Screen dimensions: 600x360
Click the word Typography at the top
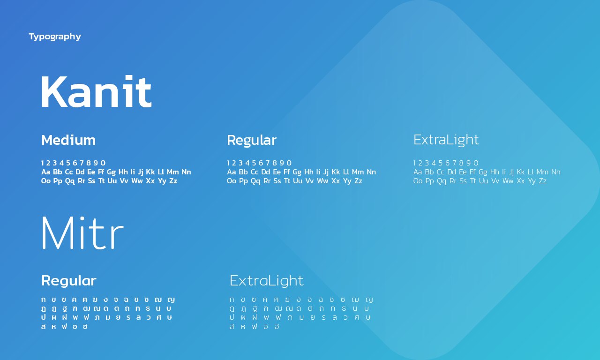coord(55,37)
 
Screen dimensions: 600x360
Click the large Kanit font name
coord(97,91)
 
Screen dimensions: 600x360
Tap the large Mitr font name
coord(82,232)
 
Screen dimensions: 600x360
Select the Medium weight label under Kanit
coord(68,140)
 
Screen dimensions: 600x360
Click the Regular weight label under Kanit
coord(252,141)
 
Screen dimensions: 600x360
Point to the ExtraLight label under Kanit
coord(446,140)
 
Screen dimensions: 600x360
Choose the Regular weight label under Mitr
coord(68,281)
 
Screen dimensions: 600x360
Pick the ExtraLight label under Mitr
coord(267,281)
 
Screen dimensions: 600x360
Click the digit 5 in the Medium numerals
coord(68,163)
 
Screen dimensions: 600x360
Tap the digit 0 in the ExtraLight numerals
coord(476,163)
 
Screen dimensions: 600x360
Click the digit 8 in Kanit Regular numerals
coord(274,163)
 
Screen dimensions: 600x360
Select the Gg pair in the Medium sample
coord(111,172)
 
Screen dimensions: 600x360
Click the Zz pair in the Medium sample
coord(173,181)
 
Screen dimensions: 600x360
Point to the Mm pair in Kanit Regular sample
coord(358,172)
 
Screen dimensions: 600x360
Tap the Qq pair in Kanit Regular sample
coord(255,181)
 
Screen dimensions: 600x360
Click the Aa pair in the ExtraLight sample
coord(418,172)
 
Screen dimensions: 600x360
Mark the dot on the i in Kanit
coord(129,78)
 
